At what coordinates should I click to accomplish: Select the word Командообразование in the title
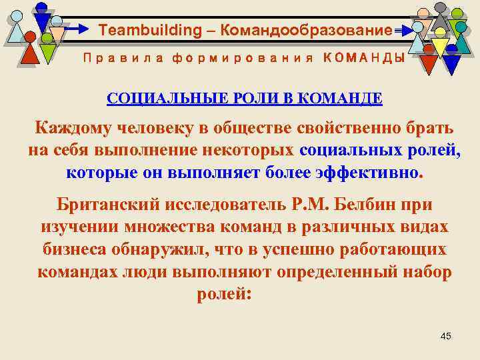point(306,30)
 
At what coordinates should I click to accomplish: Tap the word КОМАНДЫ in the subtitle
point(363,58)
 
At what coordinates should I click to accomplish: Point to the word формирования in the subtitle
point(242,58)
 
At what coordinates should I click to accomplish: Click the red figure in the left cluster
point(30,52)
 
